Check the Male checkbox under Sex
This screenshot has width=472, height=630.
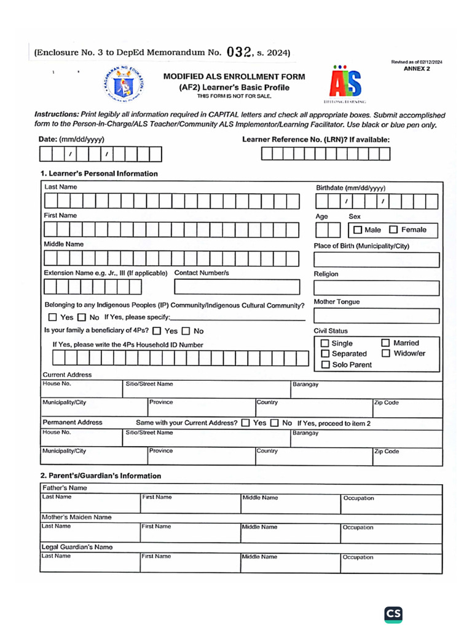(x=357, y=230)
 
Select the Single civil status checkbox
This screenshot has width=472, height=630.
(x=325, y=343)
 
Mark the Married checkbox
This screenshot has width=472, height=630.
(x=385, y=343)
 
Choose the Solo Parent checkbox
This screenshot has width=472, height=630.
(x=325, y=365)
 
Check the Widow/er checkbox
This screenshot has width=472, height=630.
(x=385, y=353)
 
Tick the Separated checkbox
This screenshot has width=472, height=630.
(x=325, y=354)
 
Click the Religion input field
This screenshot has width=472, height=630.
(x=377, y=288)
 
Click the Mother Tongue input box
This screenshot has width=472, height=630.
(x=377, y=316)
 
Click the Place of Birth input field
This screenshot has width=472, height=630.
(x=377, y=260)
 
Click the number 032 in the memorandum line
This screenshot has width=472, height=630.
(x=240, y=52)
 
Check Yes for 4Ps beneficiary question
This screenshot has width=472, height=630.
(x=157, y=331)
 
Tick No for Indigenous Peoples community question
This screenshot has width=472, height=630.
(x=82, y=317)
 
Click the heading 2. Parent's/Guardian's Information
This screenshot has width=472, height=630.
(x=101, y=476)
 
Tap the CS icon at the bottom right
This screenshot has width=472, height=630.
(x=393, y=614)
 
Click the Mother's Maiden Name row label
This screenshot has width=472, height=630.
(x=76, y=517)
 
